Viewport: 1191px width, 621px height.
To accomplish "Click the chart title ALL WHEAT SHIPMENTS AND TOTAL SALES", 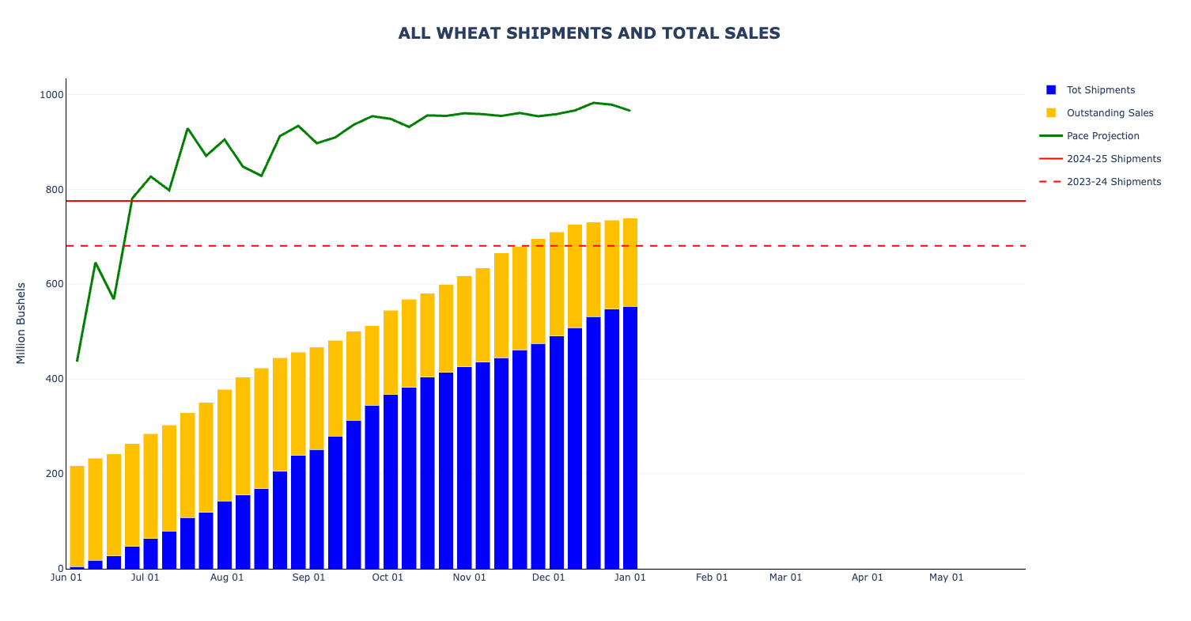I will [589, 33].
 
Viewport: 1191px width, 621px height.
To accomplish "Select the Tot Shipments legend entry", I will [1100, 90].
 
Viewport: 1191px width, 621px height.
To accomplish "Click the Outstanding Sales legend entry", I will [1110, 113].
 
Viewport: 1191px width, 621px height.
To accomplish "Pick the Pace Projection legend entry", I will [1102, 136].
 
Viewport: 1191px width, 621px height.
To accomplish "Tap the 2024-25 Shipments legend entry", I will [1113, 159].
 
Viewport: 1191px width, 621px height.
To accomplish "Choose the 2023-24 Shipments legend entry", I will [1113, 182].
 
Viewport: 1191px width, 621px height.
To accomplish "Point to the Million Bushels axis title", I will [21, 323].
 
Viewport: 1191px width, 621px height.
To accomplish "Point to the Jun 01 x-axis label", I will [66, 577].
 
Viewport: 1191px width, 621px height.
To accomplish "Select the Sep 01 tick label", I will [308, 577].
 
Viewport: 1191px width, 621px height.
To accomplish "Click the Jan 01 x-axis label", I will [630, 577].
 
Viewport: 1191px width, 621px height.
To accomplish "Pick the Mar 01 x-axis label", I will [785, 577].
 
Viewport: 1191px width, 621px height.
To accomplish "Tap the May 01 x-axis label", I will [946, 577].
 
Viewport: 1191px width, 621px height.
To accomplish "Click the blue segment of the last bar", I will [630, 437].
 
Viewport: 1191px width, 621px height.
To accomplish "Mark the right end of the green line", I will [630, 111].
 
